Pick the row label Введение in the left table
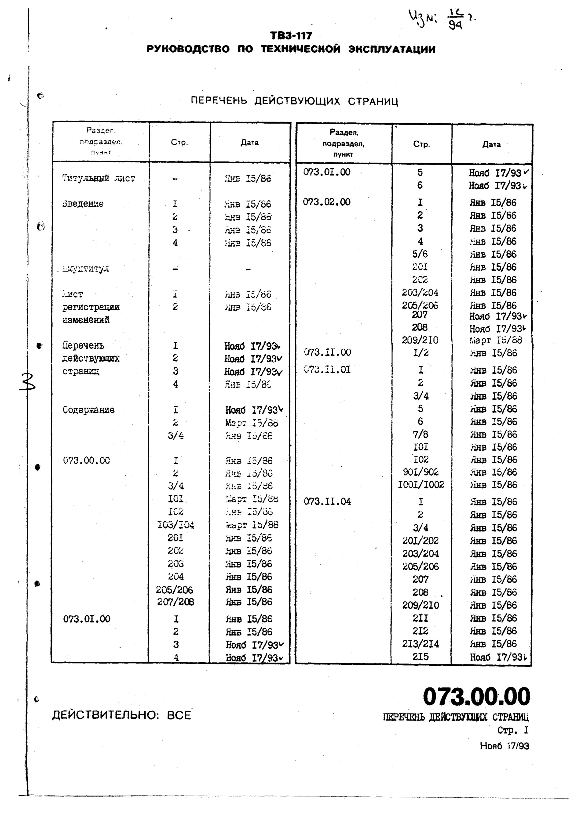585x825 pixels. click(83, 204)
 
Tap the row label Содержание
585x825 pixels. click(89, 410)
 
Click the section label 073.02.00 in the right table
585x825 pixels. click(326, 202)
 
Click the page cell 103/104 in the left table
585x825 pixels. click(175, 525)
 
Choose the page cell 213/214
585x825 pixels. click(421, 644)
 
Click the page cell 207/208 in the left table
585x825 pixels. click(175, 602)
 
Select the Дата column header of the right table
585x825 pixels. click(491, 144)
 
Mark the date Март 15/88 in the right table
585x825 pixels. click(496, 340)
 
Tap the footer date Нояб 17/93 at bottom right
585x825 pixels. click(504, 746)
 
